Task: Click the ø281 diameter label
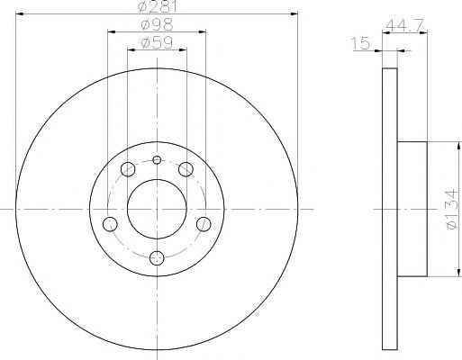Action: coord(157,6)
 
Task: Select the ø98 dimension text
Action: coord(157,24)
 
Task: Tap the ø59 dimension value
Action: coord(157,42)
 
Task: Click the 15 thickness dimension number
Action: coord(361,43)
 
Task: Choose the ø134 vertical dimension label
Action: coord(453,209)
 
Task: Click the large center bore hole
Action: coord(157,209)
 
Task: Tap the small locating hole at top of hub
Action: coord(157,160)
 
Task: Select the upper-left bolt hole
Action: coord(128,169)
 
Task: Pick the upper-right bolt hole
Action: coord(186,169)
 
